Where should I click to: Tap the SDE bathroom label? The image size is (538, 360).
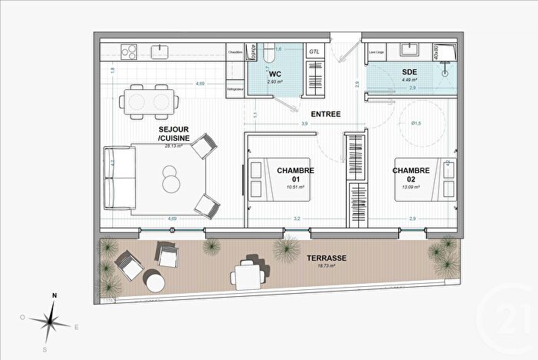tap(409, 72)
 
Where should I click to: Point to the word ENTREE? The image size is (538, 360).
tap(326, 114)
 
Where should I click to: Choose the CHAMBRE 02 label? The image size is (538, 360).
tap(410, 175)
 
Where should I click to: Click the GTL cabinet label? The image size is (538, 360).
tap(315, 51)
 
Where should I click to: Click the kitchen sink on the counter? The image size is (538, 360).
tap(161, 52)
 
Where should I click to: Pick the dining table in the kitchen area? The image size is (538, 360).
tap(151, 102)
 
